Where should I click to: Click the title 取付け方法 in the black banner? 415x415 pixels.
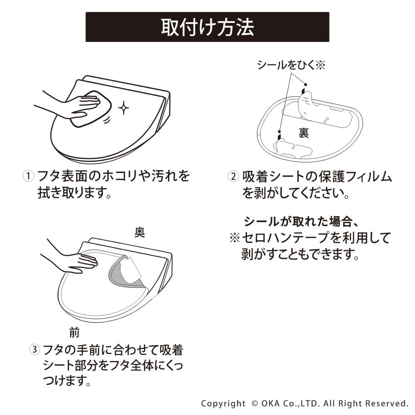207,27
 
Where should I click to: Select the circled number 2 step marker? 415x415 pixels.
233,176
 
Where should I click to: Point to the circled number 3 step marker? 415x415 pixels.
34,349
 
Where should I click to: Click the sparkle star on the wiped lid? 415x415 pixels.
123,108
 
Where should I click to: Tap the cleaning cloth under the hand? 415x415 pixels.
90,108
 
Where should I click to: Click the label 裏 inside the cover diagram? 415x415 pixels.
304,133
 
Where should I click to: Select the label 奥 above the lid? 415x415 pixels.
139,232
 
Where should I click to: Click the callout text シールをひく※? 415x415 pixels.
291,65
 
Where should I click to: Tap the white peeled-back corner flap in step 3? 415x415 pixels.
132,269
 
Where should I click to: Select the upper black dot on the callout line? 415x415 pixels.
306,84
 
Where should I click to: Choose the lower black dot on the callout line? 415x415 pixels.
279,132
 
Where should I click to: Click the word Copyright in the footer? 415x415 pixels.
223,404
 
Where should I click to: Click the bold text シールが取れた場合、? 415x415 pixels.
301,221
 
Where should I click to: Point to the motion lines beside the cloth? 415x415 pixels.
106,120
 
